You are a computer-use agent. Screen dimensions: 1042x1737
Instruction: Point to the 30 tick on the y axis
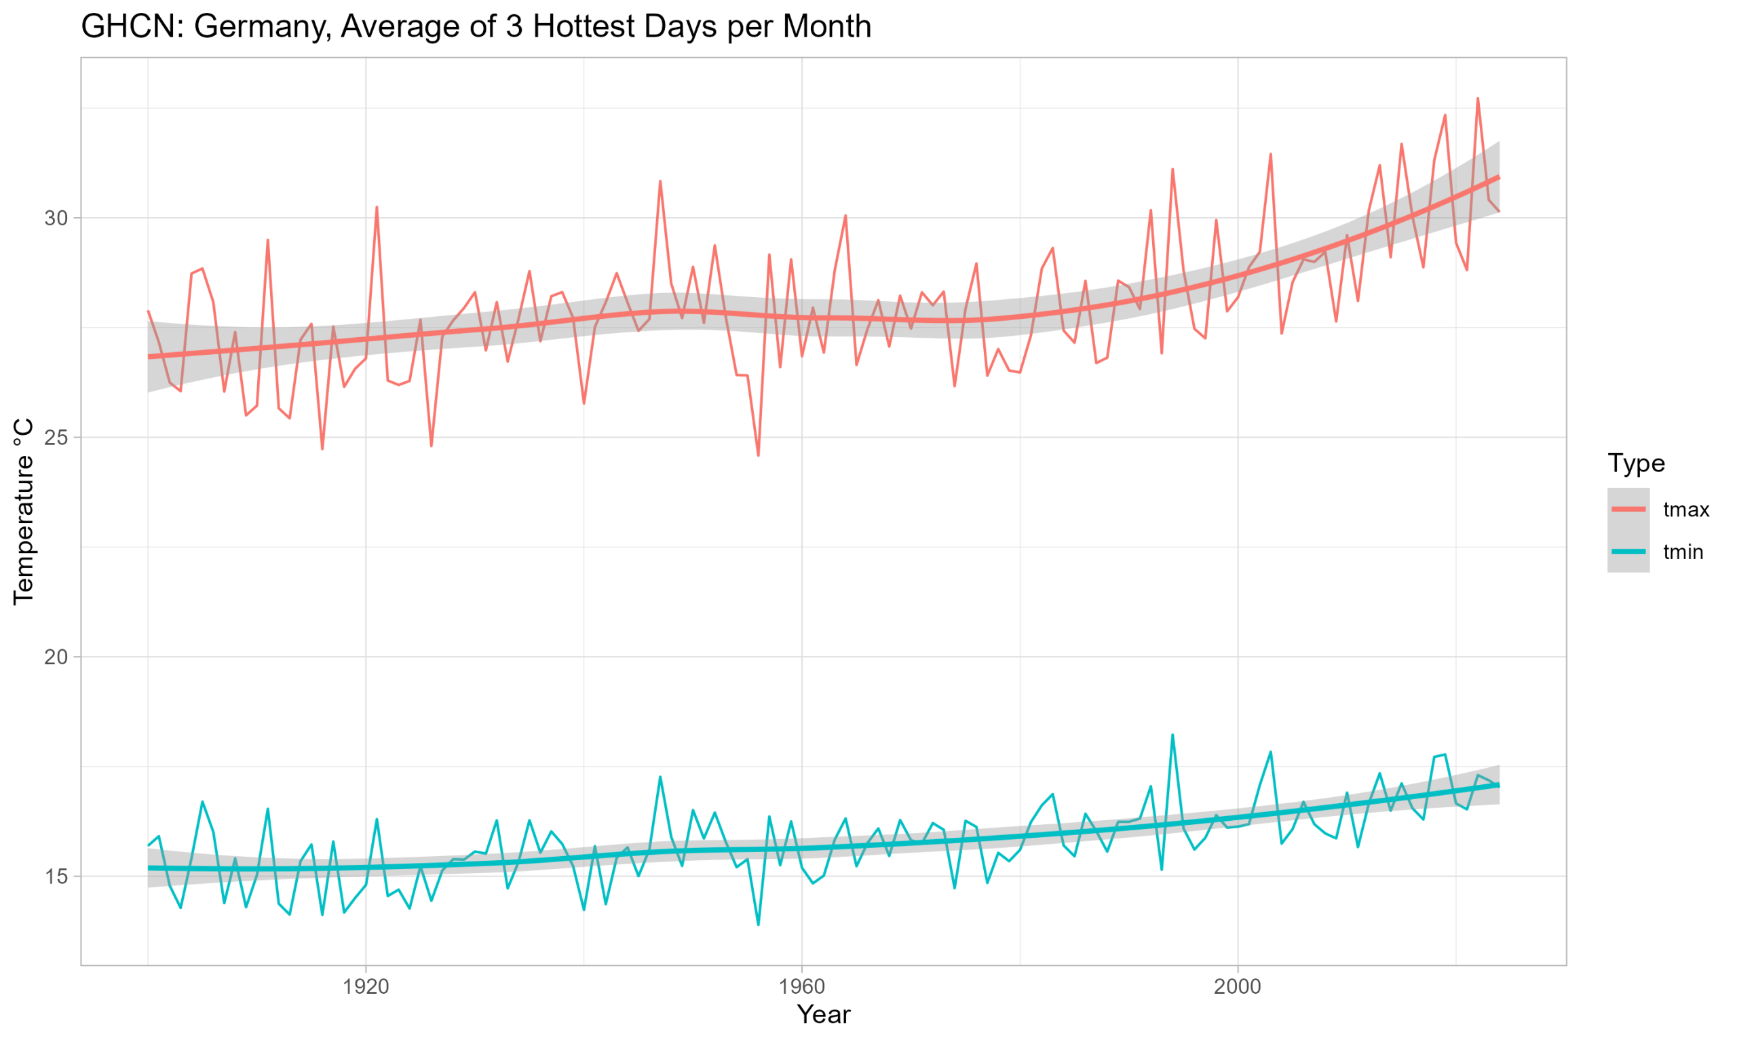[x=56, y=218]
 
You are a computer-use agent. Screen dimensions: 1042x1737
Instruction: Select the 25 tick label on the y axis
[x=56, y=438]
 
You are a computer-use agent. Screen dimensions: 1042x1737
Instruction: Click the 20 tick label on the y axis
[x=56, y=657]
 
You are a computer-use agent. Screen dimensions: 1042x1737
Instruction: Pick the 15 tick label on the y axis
[x=56, y=876]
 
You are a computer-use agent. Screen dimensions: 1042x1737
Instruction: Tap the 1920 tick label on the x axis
[x=365, y=986]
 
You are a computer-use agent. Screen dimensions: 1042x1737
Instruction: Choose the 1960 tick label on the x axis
[x=802, y=986]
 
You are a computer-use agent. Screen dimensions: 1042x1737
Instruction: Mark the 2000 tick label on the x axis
[x=1238, y=986]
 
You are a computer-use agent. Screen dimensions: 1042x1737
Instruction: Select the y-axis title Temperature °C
[x=24, y=512]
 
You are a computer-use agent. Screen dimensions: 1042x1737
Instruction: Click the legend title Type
[x=1636, y=463]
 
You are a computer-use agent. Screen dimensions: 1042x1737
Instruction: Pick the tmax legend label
[x=1685, y=509]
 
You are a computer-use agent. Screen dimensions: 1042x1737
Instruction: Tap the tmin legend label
[x=1683, y=552]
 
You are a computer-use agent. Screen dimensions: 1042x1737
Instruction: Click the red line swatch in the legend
[x=1628, y=509]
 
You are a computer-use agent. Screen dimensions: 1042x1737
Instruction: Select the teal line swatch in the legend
[x=1628, y=552]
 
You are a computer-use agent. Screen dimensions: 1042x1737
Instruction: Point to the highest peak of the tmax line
[x=1478, y=98]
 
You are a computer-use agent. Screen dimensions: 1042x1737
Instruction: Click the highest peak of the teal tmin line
[x=1172, y=735]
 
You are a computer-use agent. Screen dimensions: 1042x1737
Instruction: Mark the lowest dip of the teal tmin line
[x=759, y=925]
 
